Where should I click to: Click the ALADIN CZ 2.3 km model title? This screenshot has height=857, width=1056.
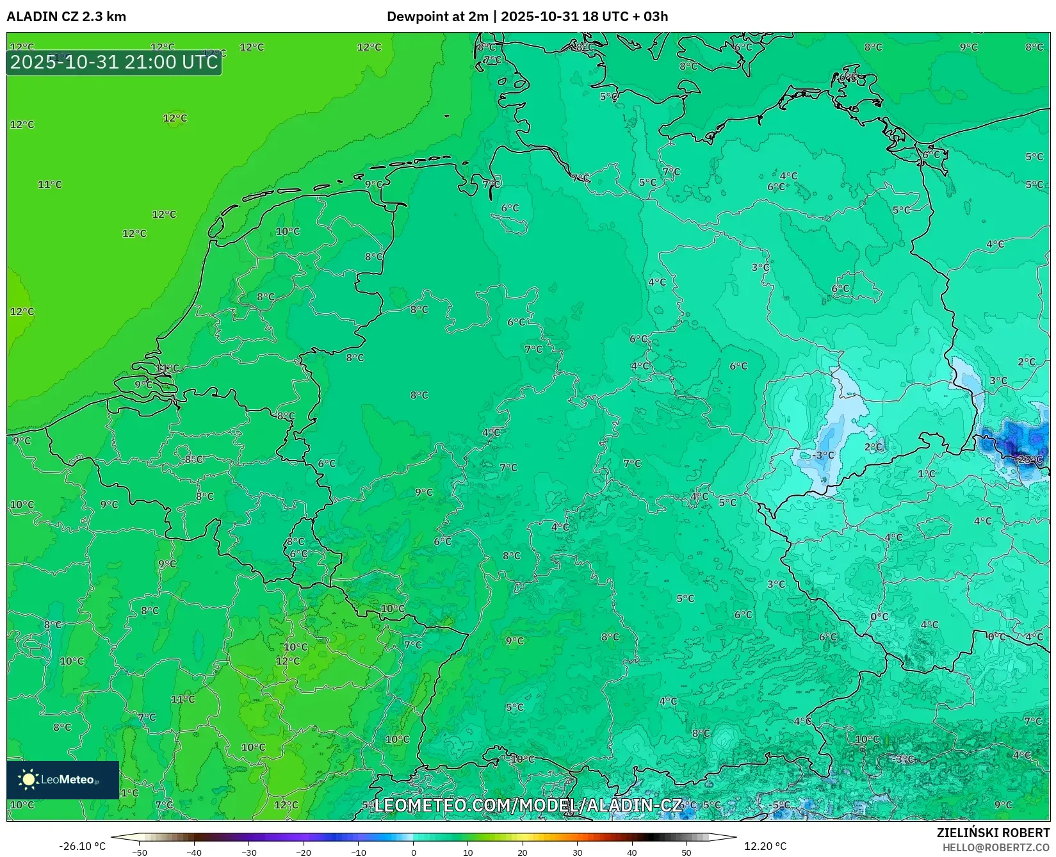click(66, 17)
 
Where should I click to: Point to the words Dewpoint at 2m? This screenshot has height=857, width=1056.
click(437, 17)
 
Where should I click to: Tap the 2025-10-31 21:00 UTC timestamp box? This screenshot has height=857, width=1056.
click(114, 62)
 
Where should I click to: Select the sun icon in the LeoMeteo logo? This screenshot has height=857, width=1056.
click(28, 779)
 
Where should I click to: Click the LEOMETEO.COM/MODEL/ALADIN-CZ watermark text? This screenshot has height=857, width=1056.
click(528, 805)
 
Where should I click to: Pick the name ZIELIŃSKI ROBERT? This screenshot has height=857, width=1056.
click(993, 833)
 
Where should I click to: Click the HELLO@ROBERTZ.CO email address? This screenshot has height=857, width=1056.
click(996, 847)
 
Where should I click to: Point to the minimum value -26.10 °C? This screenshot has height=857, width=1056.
click(82, 846)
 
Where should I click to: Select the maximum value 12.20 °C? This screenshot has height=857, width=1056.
click(765, 846)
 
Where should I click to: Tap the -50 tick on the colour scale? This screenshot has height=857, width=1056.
click(140, 853)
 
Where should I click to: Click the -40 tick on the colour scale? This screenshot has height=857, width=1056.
click(194, 853)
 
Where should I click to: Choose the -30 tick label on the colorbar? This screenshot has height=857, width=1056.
click(249, 853)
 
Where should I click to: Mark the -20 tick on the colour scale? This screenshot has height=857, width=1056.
click(304, 853)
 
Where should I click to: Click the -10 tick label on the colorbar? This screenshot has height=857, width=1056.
click(359, 853)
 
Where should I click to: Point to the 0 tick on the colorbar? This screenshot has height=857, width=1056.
click(414, 853)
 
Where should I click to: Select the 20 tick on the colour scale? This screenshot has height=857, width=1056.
click(523, 853)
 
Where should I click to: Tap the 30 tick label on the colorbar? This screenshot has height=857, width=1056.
click(578, 853)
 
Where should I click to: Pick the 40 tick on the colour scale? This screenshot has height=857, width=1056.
click(632, 853)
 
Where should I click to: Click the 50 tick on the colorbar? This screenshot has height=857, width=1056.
click(686, 853)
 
